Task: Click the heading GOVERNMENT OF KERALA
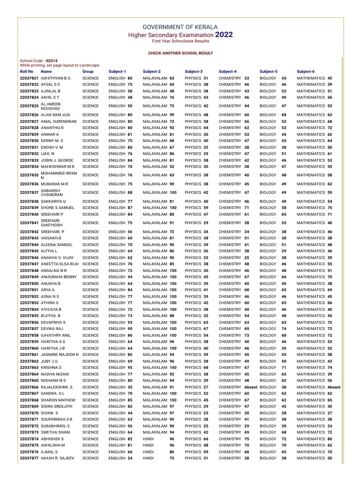coord(180,27)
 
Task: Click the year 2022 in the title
coord(224,35)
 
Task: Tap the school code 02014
coord(52,61)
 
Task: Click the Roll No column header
coord(27,71)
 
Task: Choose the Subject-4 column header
coord(227,71)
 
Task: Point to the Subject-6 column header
coord(306,71)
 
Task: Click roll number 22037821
coord(30,78)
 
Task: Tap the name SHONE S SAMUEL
coord(58,208)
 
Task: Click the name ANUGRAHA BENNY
coord(59,277)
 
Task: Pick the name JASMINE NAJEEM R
coord(60,355)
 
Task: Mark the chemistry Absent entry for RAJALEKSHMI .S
coord(251,387)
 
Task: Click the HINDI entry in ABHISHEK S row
coord(148,439)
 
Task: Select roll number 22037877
coord(30,458)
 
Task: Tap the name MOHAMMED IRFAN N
coord(58,175)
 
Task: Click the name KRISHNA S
coord(52,368)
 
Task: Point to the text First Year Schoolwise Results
coord(180,42)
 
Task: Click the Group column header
coord(88,71)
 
